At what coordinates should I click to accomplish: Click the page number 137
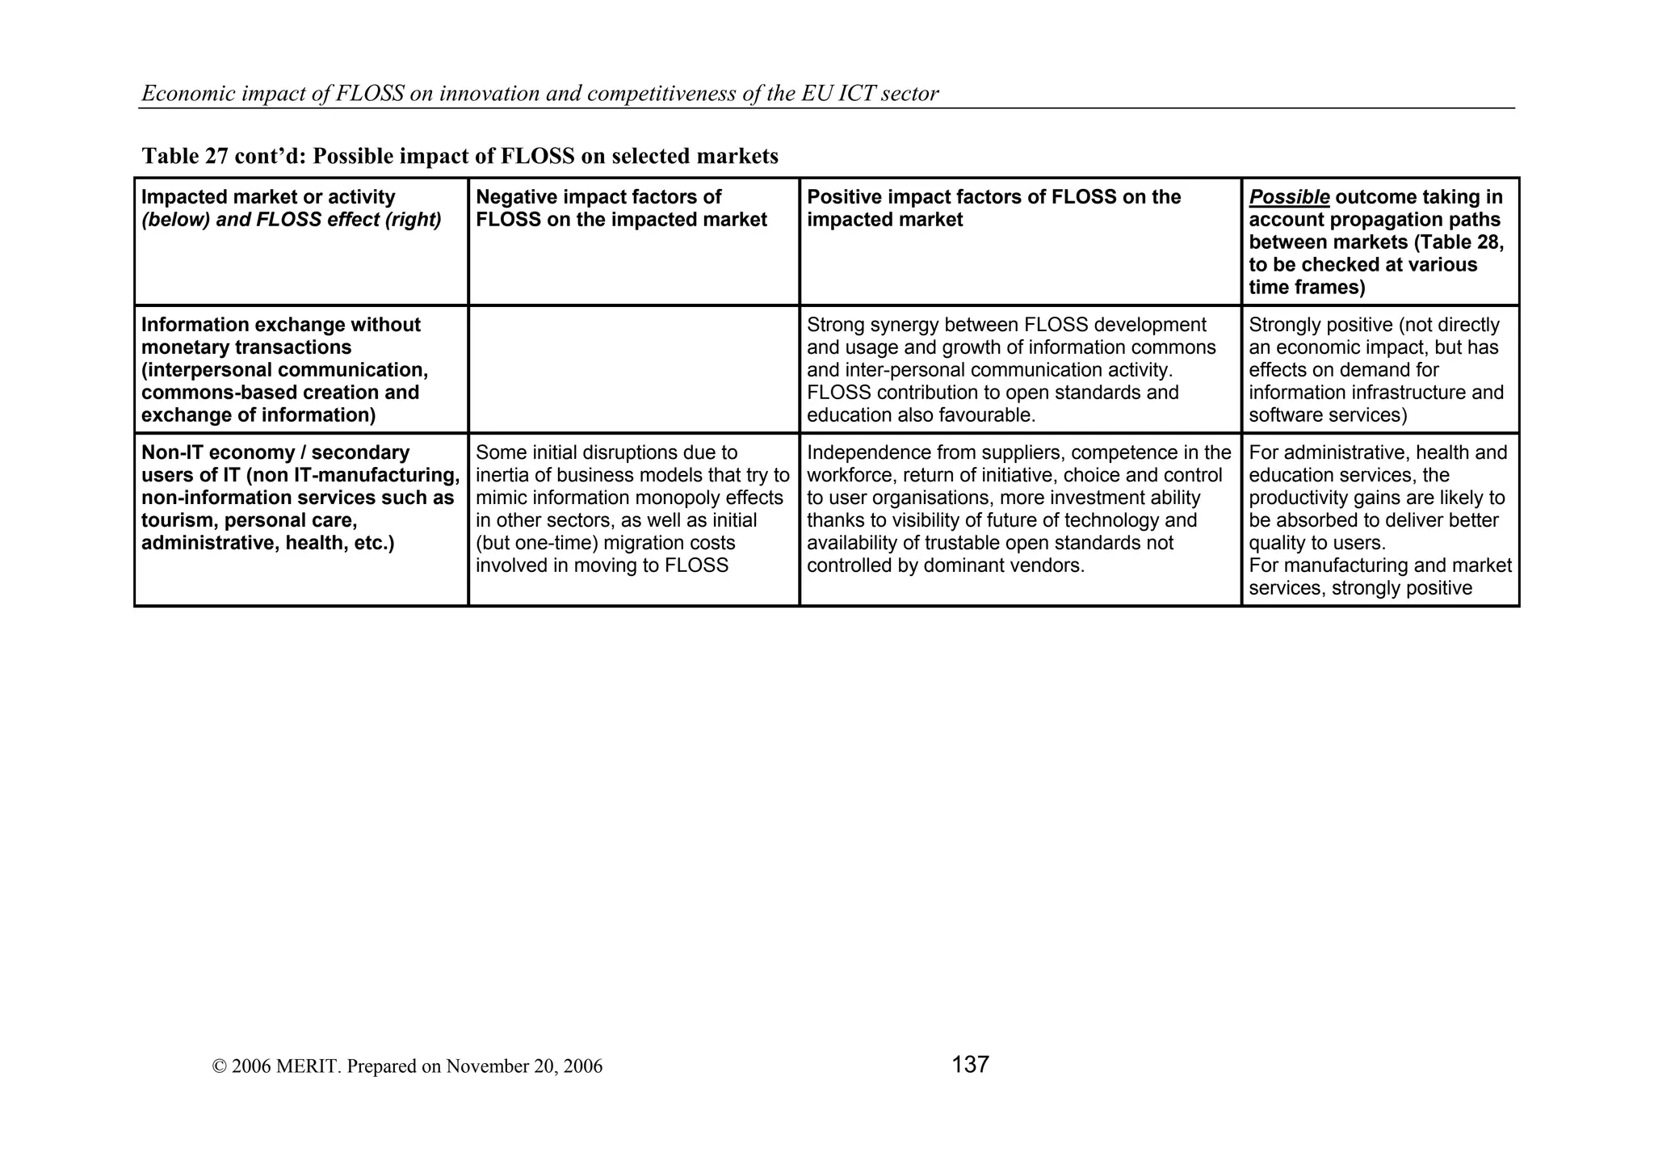[x=970, y=1065]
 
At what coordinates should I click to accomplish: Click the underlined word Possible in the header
[x=1289, y=197]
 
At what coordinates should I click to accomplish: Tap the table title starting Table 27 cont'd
[x=460, y=156]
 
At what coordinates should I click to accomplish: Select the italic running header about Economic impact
[x=539, y=94]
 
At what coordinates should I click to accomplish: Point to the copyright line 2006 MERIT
[x=407, y=1066]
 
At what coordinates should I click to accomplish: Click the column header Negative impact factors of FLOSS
[x=621, y=208]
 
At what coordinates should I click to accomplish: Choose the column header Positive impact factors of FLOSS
[x=993, y=208]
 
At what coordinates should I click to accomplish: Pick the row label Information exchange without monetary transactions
[x=284, y=369]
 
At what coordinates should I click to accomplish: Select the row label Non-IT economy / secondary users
[x=300, y=498]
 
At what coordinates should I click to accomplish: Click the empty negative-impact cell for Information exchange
[x=634, y=369]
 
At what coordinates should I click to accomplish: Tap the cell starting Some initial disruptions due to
[x=632, y=509]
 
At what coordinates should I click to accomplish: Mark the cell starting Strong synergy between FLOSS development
[x=1011, y=369]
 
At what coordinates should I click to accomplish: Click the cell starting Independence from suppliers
[x=1018, y=509]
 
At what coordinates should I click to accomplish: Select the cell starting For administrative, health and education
[x=1379, y=520]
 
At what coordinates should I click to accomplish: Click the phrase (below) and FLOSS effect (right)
[x=292, y=220]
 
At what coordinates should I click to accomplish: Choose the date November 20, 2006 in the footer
[x=523, y=1066]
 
